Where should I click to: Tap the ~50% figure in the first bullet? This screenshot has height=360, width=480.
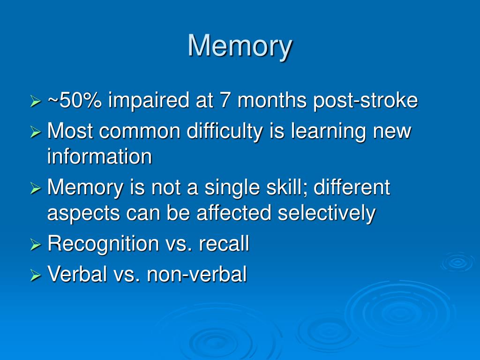coord(75,100)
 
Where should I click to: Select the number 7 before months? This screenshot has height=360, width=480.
coord(225,100)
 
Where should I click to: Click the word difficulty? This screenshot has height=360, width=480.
coord(225,132)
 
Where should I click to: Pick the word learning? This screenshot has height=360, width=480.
coord(328,132)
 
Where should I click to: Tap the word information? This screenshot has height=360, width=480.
coord(99,156)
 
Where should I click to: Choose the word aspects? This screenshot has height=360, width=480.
coord(83,214)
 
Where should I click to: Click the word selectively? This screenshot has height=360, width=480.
coord(326,213)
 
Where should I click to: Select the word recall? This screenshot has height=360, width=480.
coord(224,243)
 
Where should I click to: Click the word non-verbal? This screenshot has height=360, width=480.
coord(197,274)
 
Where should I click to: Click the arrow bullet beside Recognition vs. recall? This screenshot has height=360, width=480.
coord(36,245)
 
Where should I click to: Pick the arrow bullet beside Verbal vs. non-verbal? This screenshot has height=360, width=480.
coord(36,276)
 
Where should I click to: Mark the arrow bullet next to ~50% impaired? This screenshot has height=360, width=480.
coord(36,101)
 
